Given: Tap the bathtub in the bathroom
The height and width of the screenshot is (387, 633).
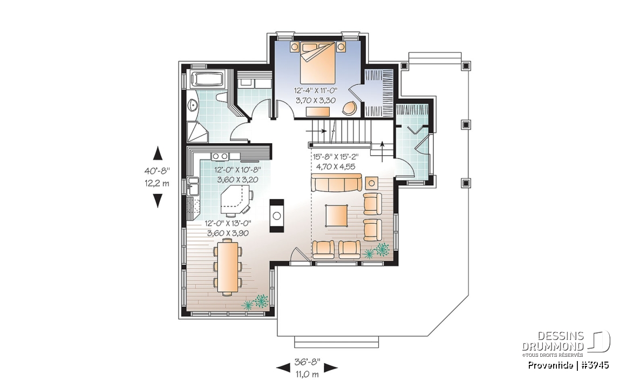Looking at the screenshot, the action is [207, 79].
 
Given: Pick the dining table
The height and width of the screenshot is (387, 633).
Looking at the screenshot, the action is [227, 267].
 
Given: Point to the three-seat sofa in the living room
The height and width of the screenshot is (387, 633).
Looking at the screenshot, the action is [336, 184].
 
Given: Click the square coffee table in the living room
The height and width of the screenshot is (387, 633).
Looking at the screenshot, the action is [337, 216].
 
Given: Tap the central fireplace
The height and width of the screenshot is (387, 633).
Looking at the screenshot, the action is [276, 215].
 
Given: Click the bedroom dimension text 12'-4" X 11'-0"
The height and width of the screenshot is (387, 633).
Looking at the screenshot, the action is [316, 91].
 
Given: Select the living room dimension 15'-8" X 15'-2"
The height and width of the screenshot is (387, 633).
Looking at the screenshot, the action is [336, 157].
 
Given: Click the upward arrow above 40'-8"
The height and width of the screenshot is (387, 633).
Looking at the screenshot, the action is [158, 154].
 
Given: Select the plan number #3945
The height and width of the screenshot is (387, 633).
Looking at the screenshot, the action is [595, 365].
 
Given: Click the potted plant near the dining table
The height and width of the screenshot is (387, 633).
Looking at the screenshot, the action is [256, 303].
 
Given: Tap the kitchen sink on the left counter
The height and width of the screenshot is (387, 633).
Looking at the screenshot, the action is [192, 187].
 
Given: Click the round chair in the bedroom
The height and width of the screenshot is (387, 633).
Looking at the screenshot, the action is [350, 107].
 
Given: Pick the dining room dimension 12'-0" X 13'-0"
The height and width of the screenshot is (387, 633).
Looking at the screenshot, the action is [228, 223].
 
